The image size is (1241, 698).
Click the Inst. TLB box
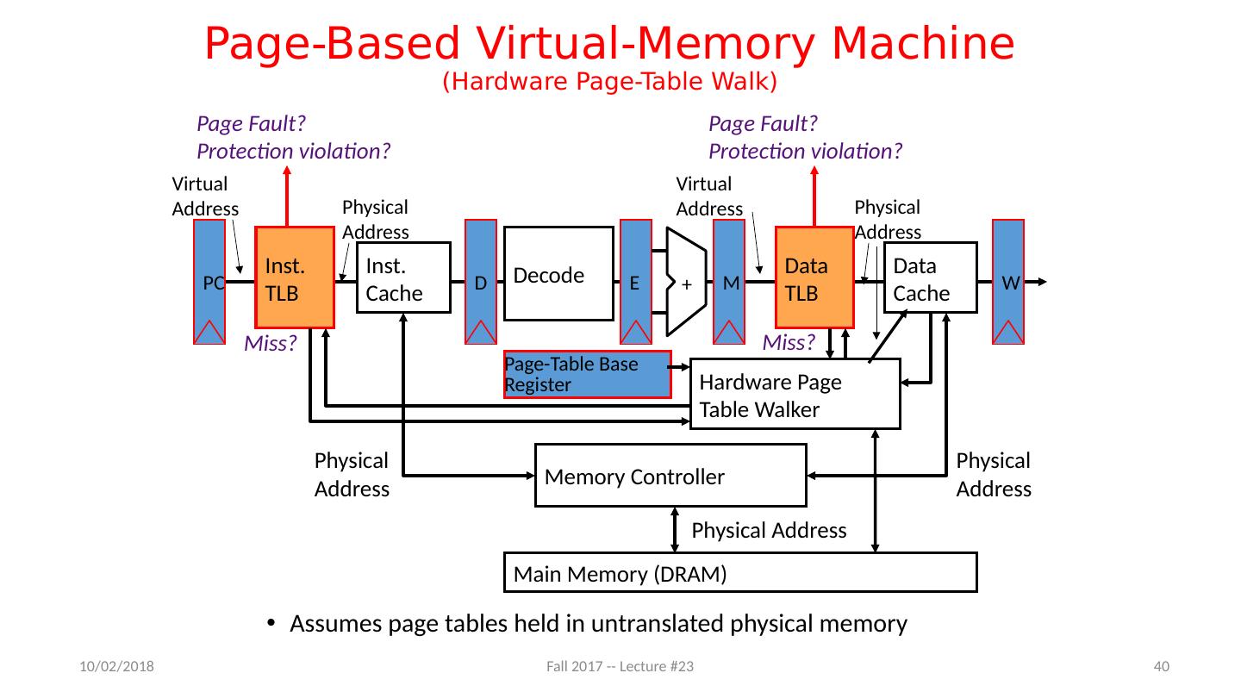coord(295,277)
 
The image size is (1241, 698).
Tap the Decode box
coord(558,273)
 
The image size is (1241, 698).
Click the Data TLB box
coord(814,277)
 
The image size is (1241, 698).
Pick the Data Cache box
coord(930,277)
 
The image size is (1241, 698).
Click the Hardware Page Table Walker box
coord(795,394)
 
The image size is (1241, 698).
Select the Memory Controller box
coord(670,475)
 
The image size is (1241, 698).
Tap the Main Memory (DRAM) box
coord(739,572)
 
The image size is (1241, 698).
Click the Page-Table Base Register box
coord(587,375)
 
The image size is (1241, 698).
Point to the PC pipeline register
coord(209,282)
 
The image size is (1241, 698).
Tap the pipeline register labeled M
coord(729,282)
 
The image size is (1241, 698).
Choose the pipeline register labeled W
coord(1009,282)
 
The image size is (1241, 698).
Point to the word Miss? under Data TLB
coord(789,343)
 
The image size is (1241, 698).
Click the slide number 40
coord(1161,666)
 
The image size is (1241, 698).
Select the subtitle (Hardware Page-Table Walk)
coord(609,82)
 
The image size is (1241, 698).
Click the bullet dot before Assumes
coord(271,625)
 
